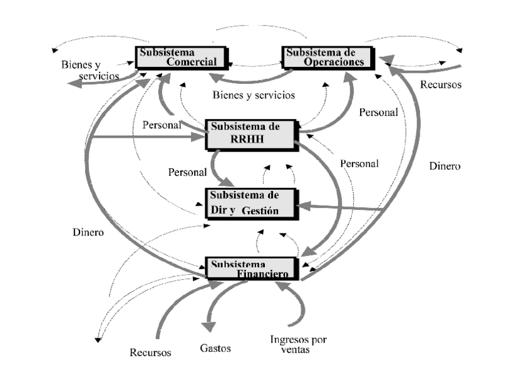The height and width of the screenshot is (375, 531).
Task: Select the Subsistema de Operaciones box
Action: [327, 56]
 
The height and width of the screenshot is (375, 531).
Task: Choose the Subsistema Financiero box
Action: [252, 268]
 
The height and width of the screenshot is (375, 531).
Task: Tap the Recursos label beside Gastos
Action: [150, 352]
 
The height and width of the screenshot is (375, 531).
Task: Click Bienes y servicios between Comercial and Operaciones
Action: [254, 95]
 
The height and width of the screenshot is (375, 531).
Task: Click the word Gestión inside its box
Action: [259, 211]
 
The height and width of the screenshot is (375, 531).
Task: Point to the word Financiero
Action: [262, 274]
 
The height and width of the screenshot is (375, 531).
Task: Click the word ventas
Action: [298, 350]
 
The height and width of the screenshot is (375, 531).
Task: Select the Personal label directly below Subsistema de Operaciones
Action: [378, 113]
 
